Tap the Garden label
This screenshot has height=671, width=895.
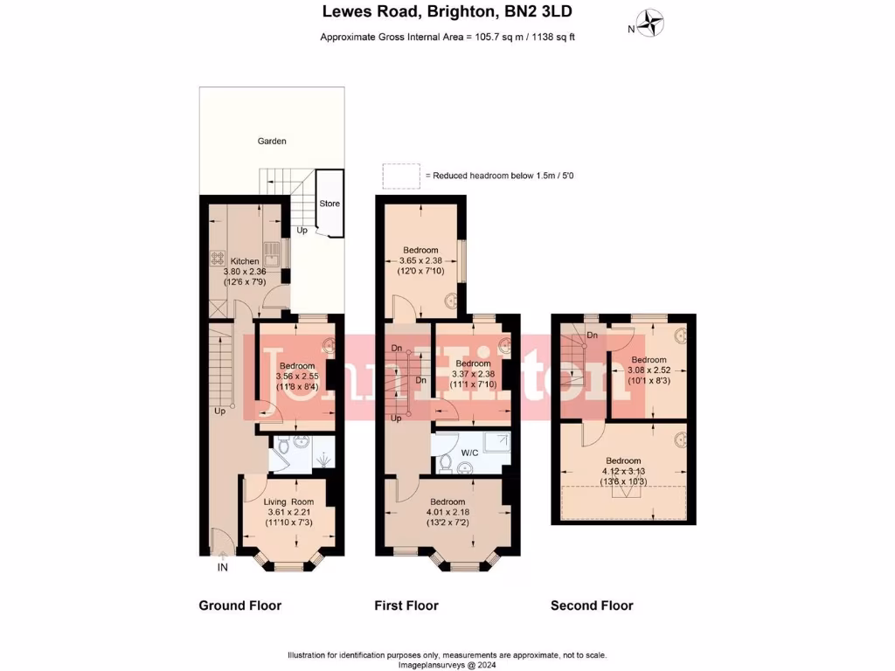pyautogui.click(x=271, y=141)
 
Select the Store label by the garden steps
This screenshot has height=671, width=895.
pyautogui.click(x=329, y=204)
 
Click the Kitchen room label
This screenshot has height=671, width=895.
pyautogui.click(x=245, y=261)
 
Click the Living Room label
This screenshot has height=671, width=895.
pyautogui.click(x=289, y=502)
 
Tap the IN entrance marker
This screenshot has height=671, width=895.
pyautogui.click(x=223, y=568)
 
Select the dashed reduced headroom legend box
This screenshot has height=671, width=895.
pyautogui.click(x=400, y=176)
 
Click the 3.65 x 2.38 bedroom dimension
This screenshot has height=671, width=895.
pyautogui.click(x=421, y=260)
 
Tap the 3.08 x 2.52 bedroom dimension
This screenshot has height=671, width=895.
pyautogui.click(x=649, y=370)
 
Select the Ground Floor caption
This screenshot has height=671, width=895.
pyautogui.click(x=240, y=605)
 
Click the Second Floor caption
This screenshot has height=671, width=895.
pyautogui.click(x=592, y=605)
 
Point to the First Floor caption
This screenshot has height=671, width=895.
pyautogui.click(x=406, y=605)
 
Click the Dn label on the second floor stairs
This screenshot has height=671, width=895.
pyautogui.click(x=592, y=335)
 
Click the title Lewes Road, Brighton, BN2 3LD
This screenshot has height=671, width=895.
pyautogui.click(x=447, y=12)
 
